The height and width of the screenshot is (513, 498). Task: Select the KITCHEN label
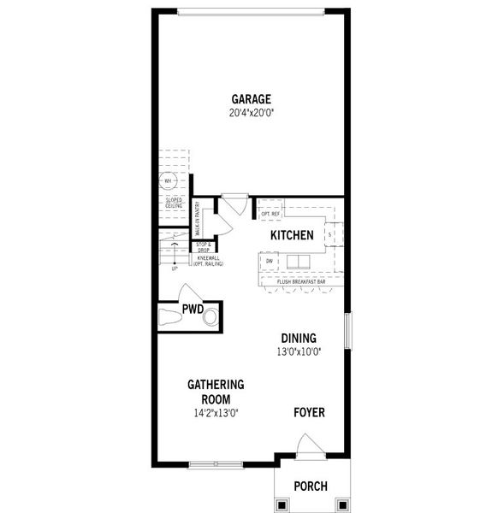tap(292, 235)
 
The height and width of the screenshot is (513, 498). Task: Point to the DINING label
tap(297, 338)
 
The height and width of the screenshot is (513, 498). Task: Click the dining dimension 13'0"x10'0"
tap(297, 351)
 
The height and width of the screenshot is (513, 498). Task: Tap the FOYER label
tap(309, 412)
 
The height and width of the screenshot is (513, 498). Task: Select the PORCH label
tap(310, 486)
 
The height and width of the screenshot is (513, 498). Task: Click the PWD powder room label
tap(192, 310)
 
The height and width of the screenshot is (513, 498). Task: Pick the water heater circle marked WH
tap(168, 181)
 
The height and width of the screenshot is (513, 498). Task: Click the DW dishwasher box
tap(270, 261)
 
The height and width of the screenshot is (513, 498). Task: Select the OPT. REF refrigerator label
tap(270, 213)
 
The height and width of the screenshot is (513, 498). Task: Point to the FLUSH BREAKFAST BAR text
tap(301, 281)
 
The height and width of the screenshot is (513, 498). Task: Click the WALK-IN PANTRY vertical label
tap(197, 218)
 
